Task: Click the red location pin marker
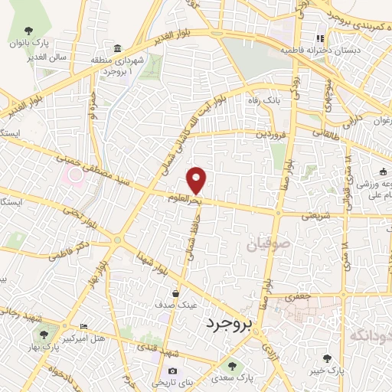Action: tap(197, 179)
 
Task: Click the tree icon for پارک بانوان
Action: tap(28, 31)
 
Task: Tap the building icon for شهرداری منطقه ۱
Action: tap(117, 47)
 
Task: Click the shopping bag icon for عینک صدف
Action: tap(177, 293)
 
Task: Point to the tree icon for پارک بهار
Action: tap(43, 335)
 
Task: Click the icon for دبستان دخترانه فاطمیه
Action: tap(322, 38)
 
